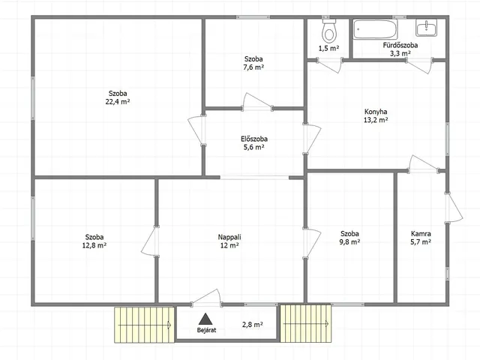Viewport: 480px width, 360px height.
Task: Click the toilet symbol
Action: click(329, 31)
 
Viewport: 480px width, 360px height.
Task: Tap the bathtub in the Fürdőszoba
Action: click(375, 29)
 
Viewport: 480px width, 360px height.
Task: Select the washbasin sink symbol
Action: click(427, 28)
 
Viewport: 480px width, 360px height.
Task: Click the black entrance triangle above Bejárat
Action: click(205, 319)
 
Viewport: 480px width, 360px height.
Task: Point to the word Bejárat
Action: click(206, 330)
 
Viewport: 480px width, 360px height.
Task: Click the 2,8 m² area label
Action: click(252, 325)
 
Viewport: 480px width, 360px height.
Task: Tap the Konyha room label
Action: click(376, 112)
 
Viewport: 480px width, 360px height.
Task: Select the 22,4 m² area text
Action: click(118, 102)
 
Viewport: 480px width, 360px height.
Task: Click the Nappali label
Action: click(229, 237)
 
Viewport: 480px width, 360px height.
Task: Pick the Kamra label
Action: click(421, 234)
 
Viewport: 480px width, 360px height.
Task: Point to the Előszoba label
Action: click(254, 139)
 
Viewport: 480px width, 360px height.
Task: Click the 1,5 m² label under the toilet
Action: click(328, 48)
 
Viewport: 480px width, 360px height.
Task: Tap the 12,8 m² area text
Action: click(94, 245)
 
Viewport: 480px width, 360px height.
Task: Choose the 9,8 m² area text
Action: click(349, 241)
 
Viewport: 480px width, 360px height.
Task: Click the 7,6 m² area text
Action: click(253, 67)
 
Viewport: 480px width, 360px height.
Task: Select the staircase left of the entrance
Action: click(145, 325)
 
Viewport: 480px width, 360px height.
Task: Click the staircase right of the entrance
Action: click(306, 323)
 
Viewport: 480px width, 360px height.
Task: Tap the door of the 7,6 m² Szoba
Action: click(257, 102)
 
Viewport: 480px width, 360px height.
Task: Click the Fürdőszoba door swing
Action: click(419, 66)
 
